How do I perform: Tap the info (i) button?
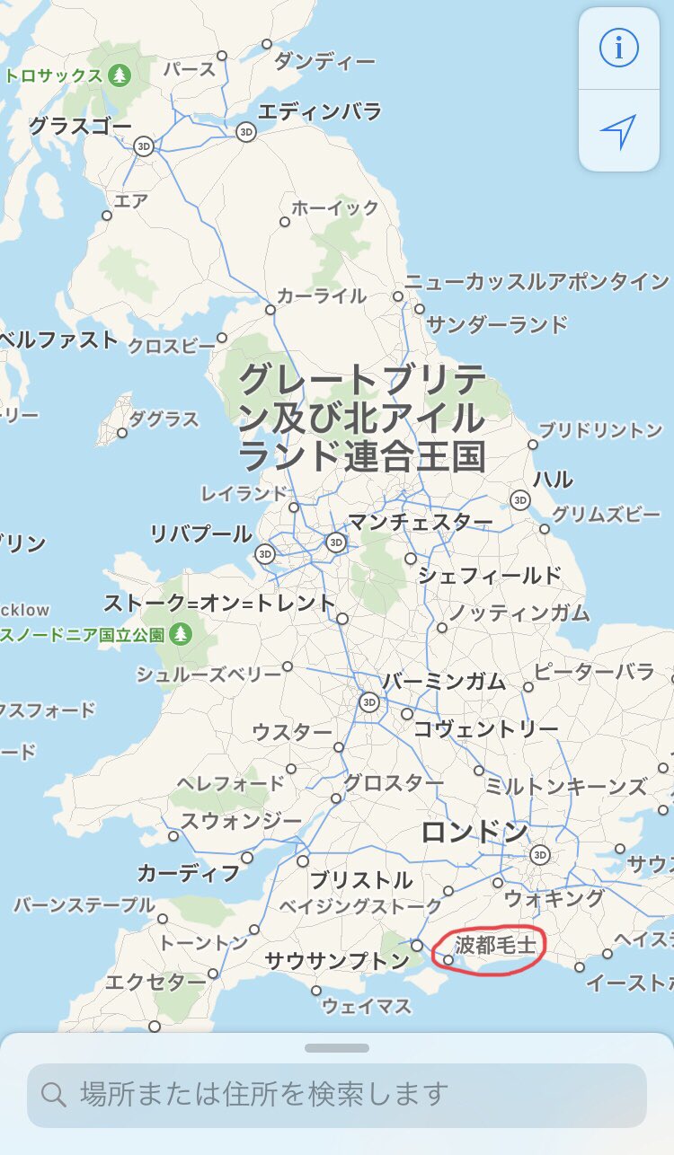(x=618, y=48)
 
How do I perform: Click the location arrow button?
(x=618, y=131)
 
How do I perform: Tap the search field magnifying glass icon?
(x=54, y=1094)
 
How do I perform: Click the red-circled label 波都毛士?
(x=495, y=945)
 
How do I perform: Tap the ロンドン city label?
(x=474, y=832)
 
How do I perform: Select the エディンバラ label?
(x=319, y=112)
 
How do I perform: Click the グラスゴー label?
(x=81, y=126)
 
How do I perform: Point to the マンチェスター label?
(x=421, y=522)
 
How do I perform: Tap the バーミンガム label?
(x=444, y=681)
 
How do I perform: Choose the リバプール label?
(x=201, y=534)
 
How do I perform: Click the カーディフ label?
(x=189, y=872)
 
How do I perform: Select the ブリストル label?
(x=361, y=879)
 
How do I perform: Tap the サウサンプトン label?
(x=337, y=961)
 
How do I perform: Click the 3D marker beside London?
(x=540, y=854)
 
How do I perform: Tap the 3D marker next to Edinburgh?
(x=246, y=132)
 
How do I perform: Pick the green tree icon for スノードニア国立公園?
(x=182, y=634)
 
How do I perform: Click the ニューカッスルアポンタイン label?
(x=537, y=282)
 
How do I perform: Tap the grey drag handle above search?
(x=337, y=1048)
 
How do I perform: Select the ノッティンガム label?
(x=519, y=613)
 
